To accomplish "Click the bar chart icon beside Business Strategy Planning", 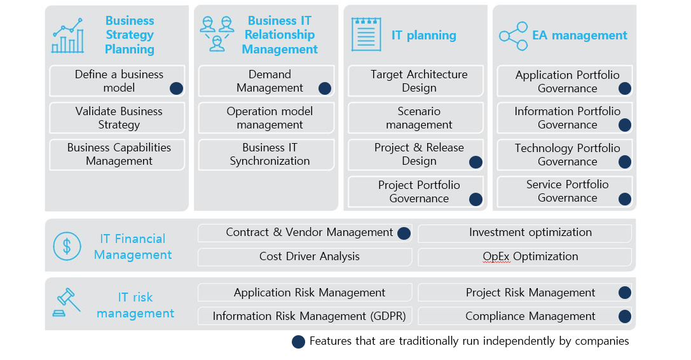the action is (67, 36).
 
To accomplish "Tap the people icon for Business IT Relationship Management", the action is (217, 34).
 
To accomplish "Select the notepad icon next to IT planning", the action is (366, 34).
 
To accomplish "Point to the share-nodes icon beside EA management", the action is (514, 36).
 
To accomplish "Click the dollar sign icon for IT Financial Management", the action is (67, 246).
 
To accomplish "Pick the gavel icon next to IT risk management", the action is (67, 303).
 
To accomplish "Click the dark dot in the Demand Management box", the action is (325, 88).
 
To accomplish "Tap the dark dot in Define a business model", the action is (176, 88).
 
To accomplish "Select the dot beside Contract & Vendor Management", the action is (404, 233).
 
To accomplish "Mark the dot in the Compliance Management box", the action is (624, 316).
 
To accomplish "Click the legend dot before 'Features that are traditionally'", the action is (298, 342).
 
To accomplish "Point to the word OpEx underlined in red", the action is (496, 257).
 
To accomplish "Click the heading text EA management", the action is (580, 35).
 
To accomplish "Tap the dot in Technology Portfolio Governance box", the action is (624, 162).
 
